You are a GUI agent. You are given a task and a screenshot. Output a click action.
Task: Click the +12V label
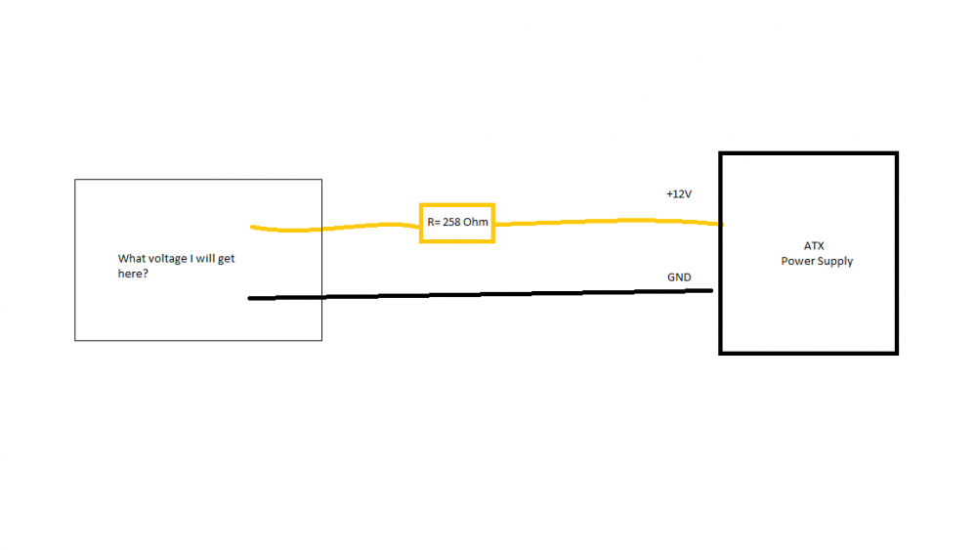(x=678, y=194)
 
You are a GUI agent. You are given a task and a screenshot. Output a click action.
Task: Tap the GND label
(x=679, y=277)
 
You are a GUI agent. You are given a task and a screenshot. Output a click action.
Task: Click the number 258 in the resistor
(x=452, y=223)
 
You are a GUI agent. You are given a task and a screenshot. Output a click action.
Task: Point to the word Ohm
(x=476, y=223)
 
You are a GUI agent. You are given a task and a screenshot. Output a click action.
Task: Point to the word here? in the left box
(x=133, y=274)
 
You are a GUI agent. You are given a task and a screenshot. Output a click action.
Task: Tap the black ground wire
(x=488, y=294)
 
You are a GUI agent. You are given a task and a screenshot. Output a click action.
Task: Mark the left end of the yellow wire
(x=253, y=228)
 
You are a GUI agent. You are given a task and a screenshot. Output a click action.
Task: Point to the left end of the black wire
(x=251, y=298)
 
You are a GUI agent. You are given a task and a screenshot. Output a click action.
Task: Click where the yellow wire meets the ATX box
(x=720, y=224)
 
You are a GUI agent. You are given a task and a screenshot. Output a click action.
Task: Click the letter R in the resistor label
(x=430, y=223)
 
